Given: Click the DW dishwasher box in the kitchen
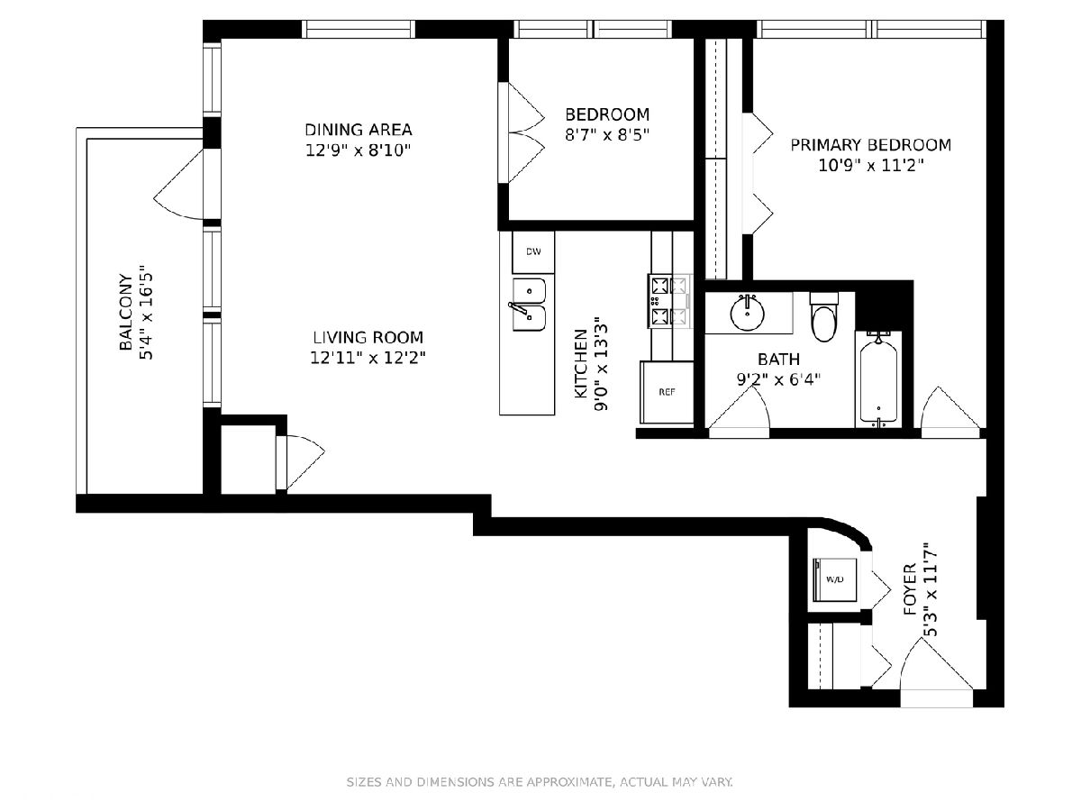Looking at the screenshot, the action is (533, 252).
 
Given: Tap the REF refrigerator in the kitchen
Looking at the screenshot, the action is (667, 392).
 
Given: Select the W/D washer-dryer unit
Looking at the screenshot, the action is (834, 579).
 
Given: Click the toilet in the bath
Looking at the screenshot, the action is (824, 316).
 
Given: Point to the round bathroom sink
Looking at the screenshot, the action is (748, 313).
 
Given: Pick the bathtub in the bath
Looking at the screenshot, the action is (878, 379).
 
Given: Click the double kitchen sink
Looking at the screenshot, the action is (529, 305).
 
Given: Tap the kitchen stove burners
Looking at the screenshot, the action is (669, 301).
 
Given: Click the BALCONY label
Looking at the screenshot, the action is (126, 312).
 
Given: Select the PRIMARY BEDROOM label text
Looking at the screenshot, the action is (871, 145).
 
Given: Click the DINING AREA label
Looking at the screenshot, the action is (358, 130).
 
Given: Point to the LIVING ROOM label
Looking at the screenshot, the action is (368, 337).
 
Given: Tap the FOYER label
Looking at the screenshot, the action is (910, 589).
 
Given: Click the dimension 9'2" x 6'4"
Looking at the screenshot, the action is (778, 379).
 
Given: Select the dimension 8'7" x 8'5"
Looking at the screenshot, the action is (607, 134).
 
